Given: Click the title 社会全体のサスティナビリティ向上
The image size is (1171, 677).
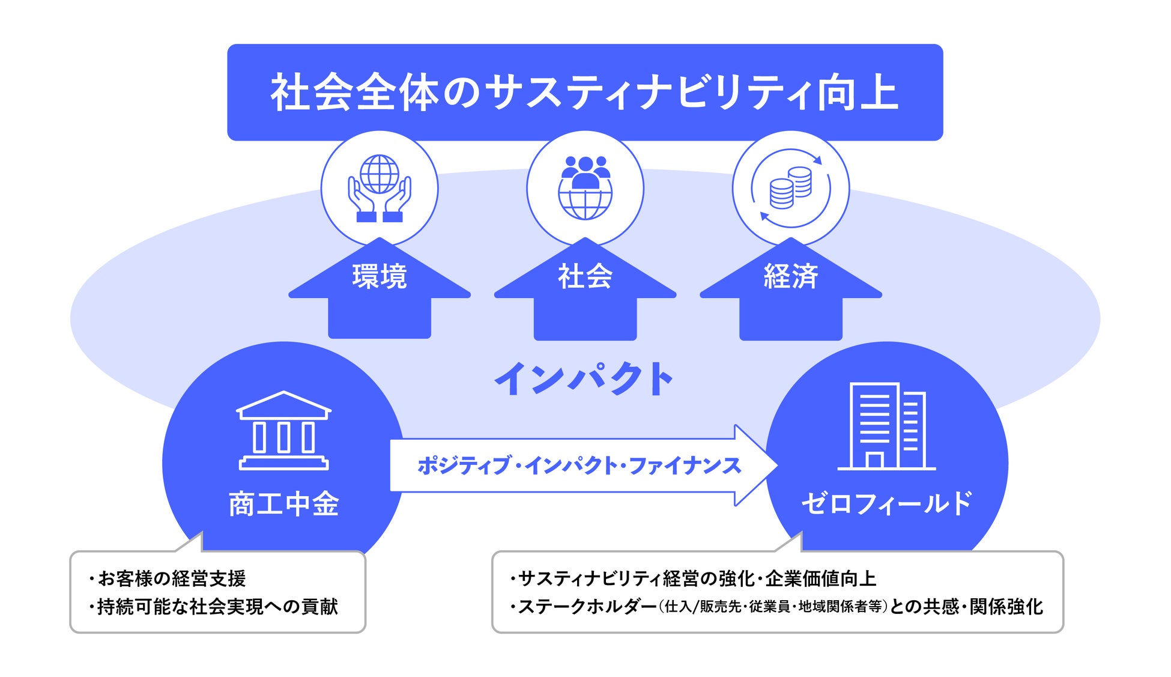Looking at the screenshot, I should (x=584, y=93).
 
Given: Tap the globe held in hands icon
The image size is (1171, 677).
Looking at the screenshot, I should (x=380, y=188).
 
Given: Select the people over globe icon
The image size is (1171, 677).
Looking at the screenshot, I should (x=585, y=188).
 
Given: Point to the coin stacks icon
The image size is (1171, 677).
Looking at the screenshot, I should (x=790, y=188).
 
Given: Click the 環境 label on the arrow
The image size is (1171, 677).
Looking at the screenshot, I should (x=380, y=277).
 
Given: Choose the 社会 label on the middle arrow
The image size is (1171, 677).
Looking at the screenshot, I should (x=585, y=277).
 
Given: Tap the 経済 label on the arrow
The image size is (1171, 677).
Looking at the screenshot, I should (x=790, y=277).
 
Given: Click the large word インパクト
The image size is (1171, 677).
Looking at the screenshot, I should (x=584, y=379).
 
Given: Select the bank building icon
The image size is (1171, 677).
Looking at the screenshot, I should (x=283, y=430).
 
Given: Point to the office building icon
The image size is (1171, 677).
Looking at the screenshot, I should (x=886, y=426).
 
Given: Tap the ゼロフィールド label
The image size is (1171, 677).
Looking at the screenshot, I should (x=886, y=503).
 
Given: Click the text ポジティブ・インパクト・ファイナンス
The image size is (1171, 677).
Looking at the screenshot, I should (x=579, y=466).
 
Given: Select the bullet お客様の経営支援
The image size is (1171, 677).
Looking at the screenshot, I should (x=171, y=578).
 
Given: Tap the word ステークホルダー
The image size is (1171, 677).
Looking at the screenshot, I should (x=587, y=607).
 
